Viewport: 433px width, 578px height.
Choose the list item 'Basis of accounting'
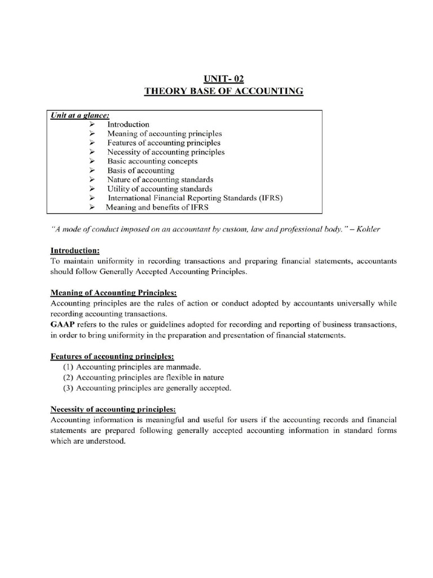141,170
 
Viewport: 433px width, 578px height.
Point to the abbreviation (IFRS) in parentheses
268,198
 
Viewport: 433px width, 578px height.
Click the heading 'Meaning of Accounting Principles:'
114,292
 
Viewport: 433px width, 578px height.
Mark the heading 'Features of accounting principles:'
112,356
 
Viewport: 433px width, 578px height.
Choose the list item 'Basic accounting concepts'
152,161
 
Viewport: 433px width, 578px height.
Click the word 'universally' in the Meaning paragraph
351,303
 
